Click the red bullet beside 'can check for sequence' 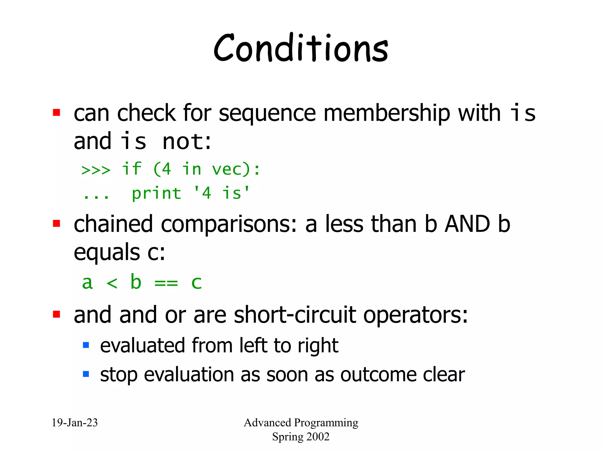pos(56,113)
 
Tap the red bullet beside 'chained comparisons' pos(56,224)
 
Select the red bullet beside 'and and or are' pos(56,314)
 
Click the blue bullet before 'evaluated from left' pos(86,345)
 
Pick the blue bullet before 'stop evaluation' pos(86,374)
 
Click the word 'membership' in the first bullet pos(387,113)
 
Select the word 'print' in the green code pos(156,194)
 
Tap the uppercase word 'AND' pos(467,224)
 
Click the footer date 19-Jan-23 pos(75,423)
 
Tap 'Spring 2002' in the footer pos(300,437)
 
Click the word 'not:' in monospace pos(186,142)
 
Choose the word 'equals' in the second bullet pos(107,252)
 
